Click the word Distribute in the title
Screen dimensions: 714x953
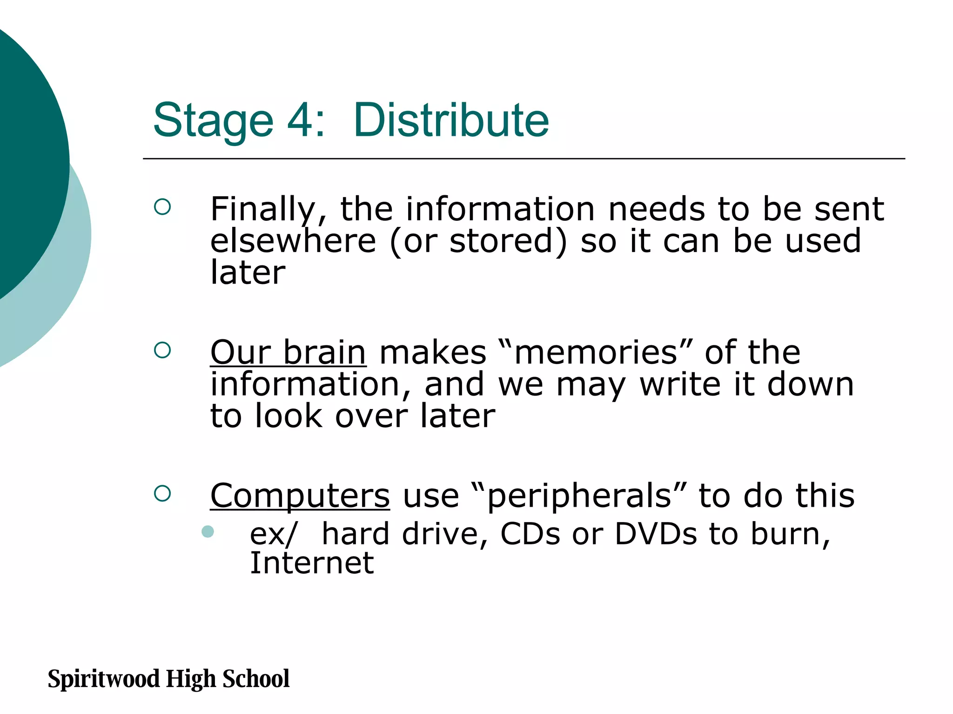coord(451,120)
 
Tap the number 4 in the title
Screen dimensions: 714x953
coord(301,120)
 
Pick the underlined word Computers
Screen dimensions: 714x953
coord(300,496)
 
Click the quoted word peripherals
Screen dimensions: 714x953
coord(579,496)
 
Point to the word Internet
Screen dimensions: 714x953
coord(312,563)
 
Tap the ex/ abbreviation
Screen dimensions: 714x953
coord(273,534)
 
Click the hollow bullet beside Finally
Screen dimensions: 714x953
coord(162,207)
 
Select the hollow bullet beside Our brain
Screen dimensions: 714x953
coord(162,350)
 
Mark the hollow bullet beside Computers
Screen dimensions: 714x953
coord(162,493)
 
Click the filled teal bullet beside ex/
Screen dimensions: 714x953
coord(208,531)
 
